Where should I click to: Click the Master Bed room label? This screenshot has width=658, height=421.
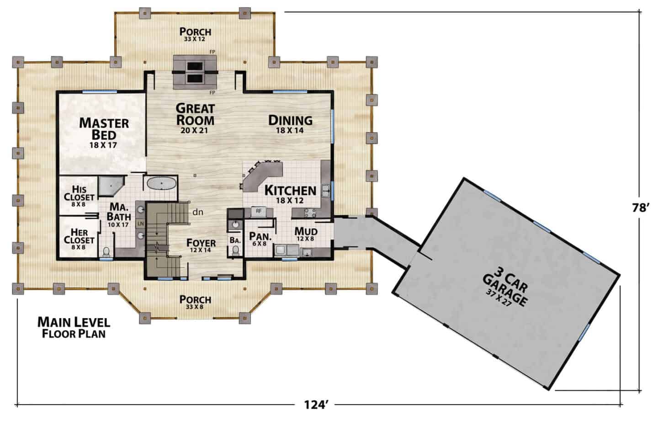pos(104,129)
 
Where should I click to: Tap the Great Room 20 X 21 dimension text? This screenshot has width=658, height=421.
pos(194,131)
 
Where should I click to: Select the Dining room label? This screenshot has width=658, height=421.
pos(290,121)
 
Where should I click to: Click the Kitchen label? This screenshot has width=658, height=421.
pos(290,190)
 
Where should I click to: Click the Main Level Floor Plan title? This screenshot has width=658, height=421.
pos(74,328)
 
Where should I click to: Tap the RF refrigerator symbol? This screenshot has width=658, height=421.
pos(259,211)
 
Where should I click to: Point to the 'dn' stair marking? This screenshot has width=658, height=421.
pos(198,212)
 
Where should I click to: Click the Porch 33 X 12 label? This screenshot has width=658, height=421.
pos(195,34)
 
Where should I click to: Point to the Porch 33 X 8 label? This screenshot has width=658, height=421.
pos(195,302)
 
